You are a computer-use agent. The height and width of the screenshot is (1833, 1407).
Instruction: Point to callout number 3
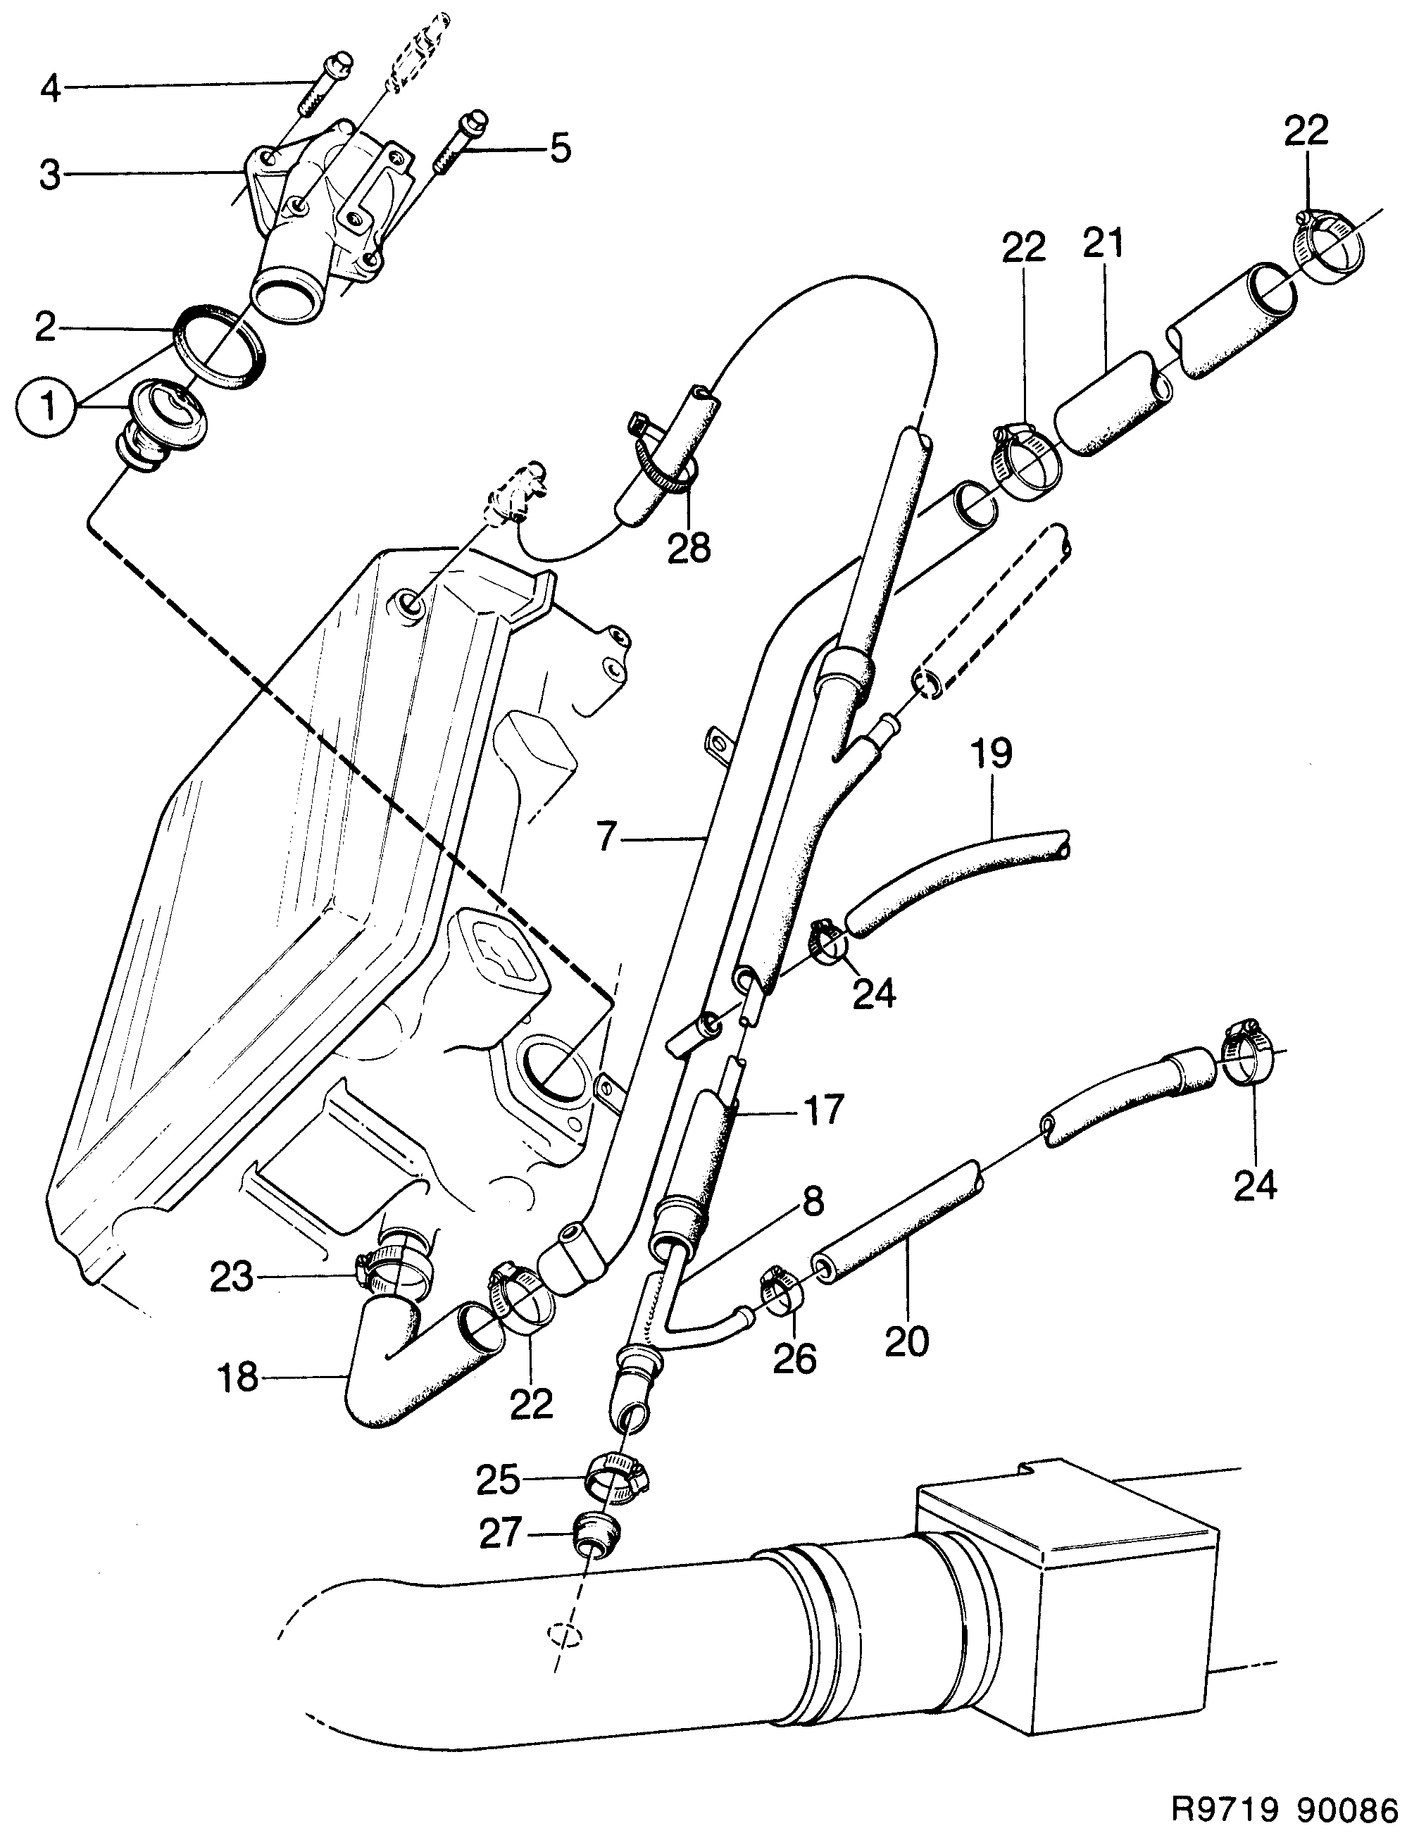click(50, 175)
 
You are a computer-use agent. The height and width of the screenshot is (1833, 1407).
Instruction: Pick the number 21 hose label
click(1103, 243)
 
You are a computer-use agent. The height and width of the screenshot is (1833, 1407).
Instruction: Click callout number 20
click(906, 1341)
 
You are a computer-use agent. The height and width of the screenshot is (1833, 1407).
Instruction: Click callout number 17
click(823, 1111)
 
